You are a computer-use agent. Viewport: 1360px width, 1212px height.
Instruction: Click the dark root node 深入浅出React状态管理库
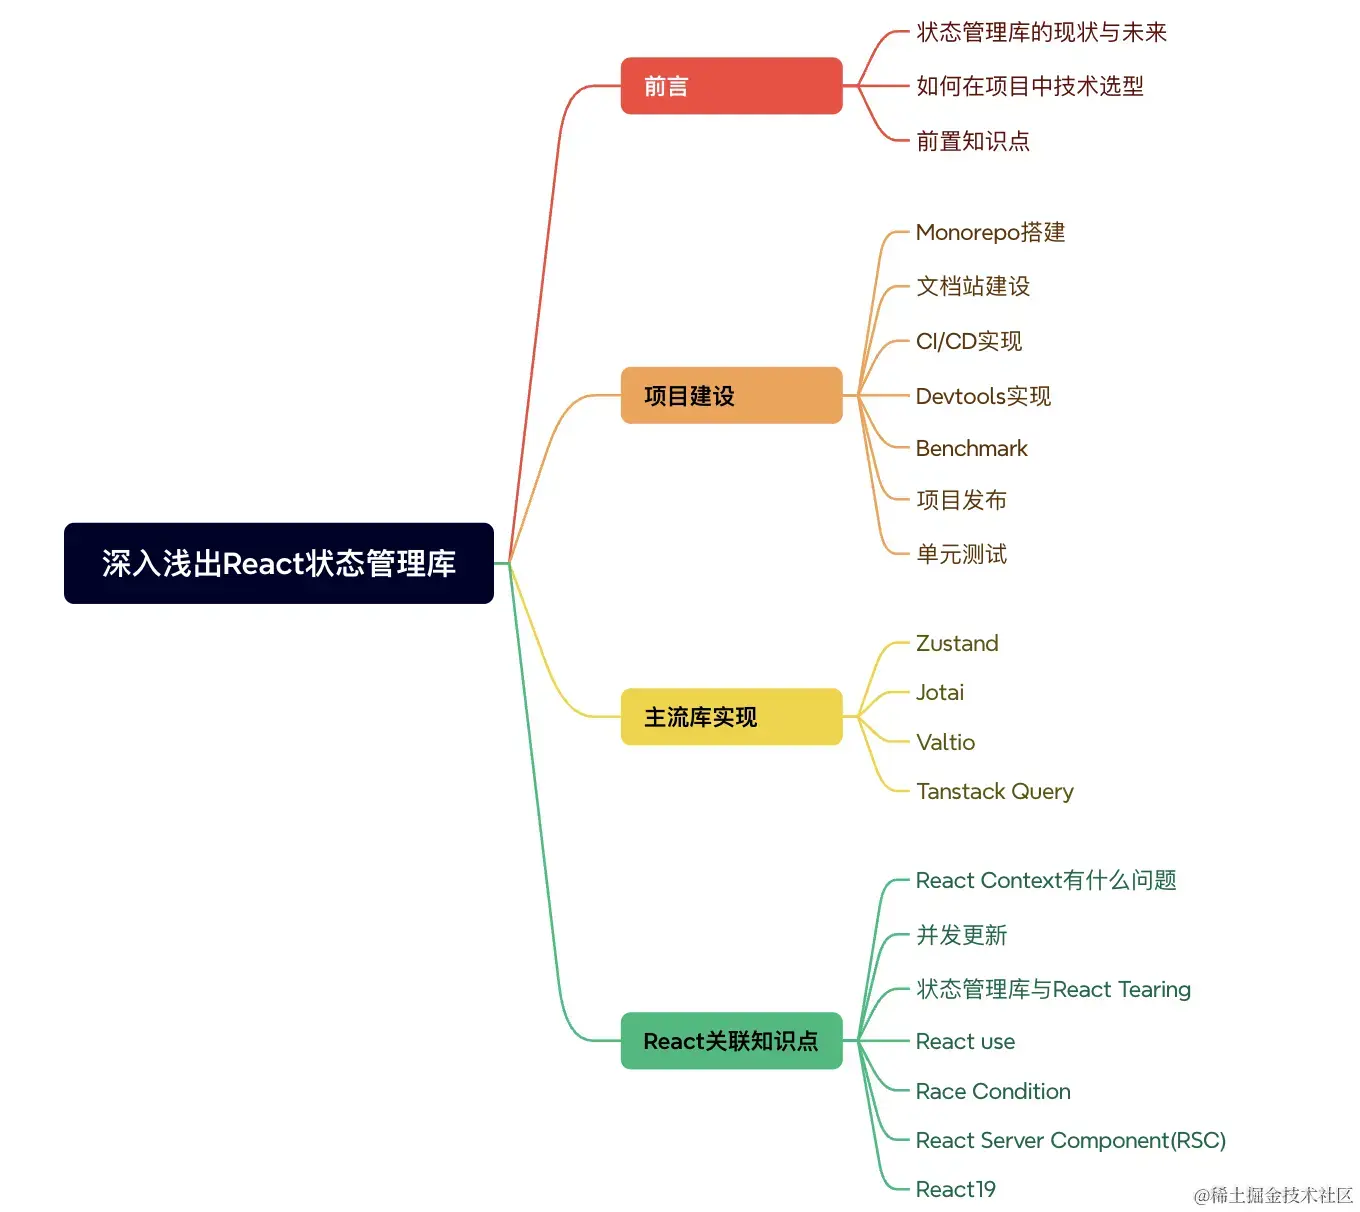coord(278,563)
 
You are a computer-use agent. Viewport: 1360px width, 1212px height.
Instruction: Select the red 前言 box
coord(731,86)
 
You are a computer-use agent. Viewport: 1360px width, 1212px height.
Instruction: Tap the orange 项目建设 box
coord(731,396)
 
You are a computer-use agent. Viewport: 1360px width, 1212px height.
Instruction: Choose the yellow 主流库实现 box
coord(731,717)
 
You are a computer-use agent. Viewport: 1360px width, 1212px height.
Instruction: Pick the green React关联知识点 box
coord(731,1041)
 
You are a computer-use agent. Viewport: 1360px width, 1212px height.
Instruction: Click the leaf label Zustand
coord(957,643)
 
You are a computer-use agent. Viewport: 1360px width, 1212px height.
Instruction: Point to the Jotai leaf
coord(940,692)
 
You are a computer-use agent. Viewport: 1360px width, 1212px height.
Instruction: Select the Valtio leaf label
coord(945,742)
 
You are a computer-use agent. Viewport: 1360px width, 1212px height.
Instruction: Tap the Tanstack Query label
coord(994,791)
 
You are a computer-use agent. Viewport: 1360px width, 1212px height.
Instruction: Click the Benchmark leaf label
coord(971,448)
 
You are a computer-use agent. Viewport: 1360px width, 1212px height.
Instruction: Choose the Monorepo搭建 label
coord(990,232)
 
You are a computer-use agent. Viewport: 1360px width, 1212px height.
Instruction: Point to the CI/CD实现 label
coord(968,341)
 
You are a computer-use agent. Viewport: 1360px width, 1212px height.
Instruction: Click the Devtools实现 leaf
coord(983,396)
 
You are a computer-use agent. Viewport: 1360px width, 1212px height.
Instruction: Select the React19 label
coord(955,1189)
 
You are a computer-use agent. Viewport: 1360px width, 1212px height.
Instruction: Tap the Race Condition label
coord(993,1091)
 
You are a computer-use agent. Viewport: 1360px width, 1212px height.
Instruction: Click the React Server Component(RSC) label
coord(1070,1140)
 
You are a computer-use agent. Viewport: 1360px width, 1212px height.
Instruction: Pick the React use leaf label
coord(965,1041)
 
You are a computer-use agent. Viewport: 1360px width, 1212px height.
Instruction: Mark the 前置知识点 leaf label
coord(972,141)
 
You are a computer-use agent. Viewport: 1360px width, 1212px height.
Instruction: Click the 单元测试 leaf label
coord(961,554)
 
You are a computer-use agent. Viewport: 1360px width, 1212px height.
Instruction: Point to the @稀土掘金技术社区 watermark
coord(1272,1195)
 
